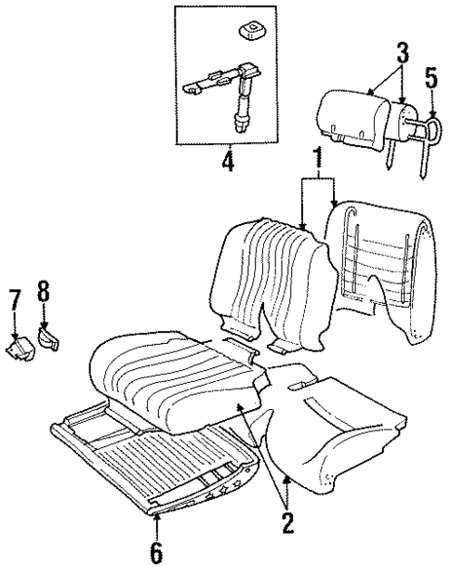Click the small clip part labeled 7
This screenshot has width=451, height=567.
coord(20,349)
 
